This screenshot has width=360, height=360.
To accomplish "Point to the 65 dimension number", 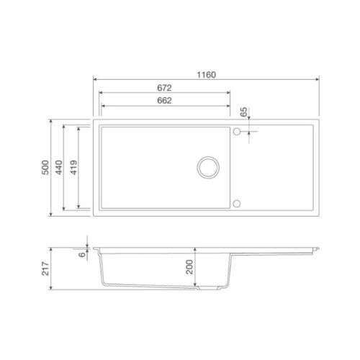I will [243, 112].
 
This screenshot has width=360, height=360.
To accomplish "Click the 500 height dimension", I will [45, 168].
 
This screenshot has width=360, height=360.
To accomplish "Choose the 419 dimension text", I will [74, 168].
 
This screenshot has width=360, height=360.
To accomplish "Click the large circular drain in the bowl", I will [211, 166].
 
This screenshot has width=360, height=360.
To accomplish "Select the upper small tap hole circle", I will [237, 131].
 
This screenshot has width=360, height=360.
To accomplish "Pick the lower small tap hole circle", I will [237, 202].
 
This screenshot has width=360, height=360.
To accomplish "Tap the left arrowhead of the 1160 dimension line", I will [94, 79].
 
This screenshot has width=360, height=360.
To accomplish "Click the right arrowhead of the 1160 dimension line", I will [319, 79].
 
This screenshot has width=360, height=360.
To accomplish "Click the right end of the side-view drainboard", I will [317, 248].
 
